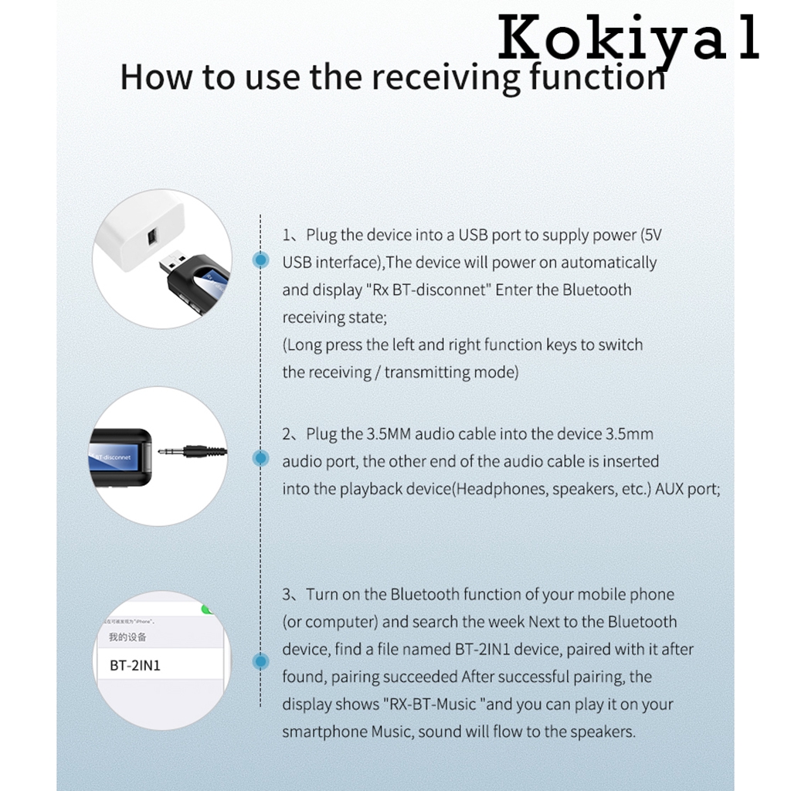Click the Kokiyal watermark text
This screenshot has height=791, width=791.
[x=627, y=41]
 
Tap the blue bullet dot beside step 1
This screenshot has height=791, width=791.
[x=261, y=260]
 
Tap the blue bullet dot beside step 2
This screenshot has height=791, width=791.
[x=261, y=458]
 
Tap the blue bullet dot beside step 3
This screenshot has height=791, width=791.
[x=261, y=661]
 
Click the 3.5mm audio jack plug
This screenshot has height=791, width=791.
[x=189, y=453]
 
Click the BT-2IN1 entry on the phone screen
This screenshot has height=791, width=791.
[x=135, y=665]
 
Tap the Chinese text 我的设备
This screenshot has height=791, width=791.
[x=127, y=637]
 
